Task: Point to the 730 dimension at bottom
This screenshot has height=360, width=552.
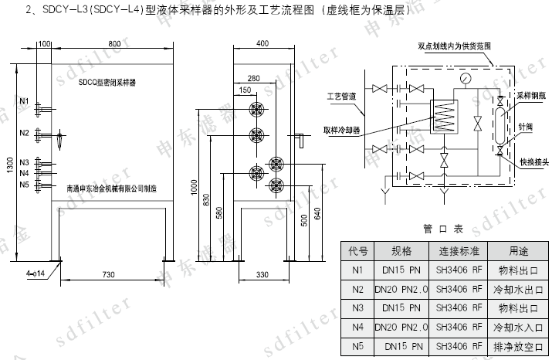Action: tap(108, 274)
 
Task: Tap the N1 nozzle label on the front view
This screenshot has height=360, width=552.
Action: tap(24, 102)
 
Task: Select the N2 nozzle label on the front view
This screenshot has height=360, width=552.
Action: tap(24, 134)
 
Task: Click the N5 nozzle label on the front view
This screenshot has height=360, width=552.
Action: tap(24, 185)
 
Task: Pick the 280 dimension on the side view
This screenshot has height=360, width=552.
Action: tap(254, 78)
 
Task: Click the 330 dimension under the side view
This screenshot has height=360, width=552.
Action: tap(262, 274)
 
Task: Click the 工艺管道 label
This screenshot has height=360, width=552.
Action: tap(340, 97)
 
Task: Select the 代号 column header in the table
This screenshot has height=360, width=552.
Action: tap(357, 252)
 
